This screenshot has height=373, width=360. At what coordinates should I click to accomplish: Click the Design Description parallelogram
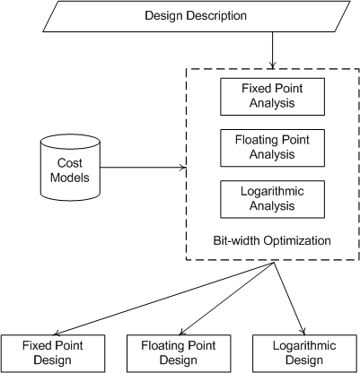[196, 16]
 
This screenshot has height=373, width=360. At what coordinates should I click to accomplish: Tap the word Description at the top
[217, 15]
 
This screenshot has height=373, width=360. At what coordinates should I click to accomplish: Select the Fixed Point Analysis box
[272, 97]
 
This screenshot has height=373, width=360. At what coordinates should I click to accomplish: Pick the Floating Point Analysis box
[272, 148]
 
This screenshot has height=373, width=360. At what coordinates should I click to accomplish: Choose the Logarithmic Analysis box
[272, 199]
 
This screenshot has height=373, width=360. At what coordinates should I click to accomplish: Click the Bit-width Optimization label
[272, 240]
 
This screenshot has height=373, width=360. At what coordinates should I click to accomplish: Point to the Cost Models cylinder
[70, 168]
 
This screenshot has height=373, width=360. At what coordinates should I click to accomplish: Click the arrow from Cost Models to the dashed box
[143, 168]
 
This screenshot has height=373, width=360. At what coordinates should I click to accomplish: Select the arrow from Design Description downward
[272, 50]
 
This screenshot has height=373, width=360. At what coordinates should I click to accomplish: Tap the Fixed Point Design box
[53, 353]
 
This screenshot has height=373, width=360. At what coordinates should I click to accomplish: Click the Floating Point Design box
[179, 353]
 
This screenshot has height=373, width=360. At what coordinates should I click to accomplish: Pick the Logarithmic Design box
[304, 353]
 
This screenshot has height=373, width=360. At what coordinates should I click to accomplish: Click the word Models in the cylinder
[70, 178]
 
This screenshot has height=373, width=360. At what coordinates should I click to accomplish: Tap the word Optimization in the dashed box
[296, 240]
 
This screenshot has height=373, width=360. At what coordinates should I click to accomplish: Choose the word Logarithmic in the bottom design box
[304, 345]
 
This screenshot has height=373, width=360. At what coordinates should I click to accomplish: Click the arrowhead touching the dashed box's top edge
[272, 65]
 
